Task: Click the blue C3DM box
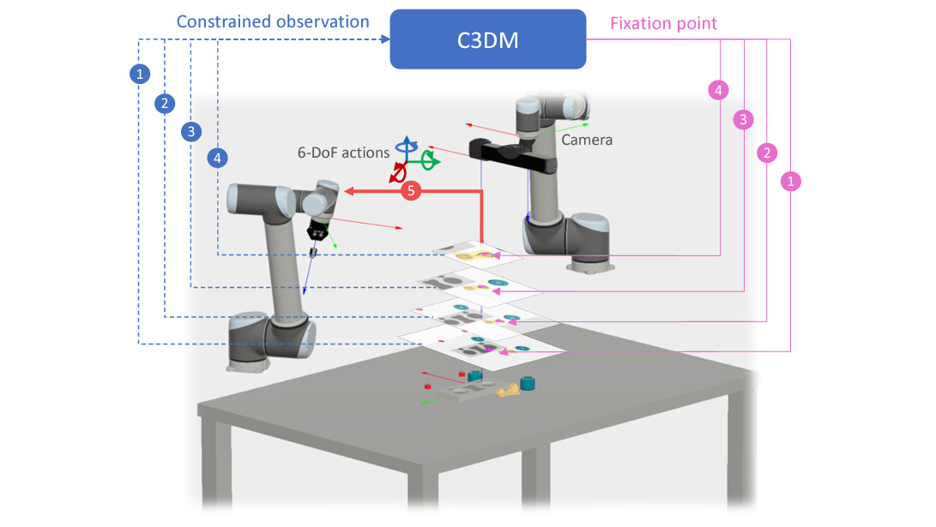487,39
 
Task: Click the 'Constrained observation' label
273,22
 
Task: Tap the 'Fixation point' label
663,23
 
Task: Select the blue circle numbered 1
140,74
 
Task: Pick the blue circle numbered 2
165,104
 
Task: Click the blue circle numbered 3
191,132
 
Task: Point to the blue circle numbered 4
217,158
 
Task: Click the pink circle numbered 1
791,181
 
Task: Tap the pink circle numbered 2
767,153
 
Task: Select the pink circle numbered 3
743,120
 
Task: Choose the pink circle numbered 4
718,91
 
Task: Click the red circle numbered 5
411,191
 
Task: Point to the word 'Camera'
587,140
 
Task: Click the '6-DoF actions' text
343,153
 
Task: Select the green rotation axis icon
429,161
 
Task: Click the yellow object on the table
507,391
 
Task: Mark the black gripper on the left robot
317,232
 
